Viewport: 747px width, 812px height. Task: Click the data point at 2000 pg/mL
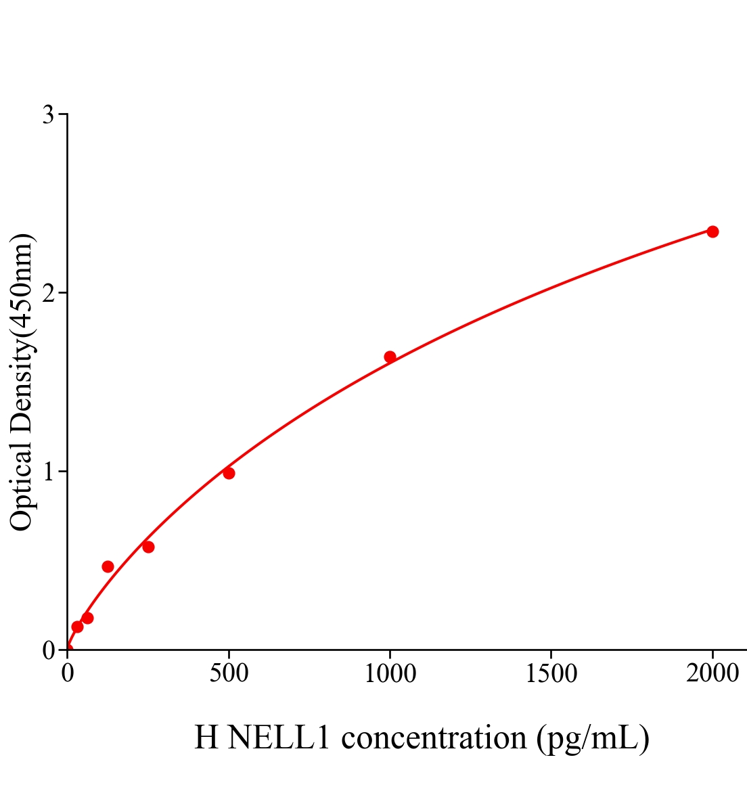712,231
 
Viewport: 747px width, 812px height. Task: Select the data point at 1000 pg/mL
390,357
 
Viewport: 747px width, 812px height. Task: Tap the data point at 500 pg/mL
229,473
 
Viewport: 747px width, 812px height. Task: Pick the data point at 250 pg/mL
148,547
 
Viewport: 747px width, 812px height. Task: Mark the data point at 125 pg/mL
108,566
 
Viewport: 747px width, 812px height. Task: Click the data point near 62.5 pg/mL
87,618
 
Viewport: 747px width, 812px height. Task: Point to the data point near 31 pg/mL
77,627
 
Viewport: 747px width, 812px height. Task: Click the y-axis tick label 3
48,115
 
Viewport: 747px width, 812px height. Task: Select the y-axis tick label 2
48,293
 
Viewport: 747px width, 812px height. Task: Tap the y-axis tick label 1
48,472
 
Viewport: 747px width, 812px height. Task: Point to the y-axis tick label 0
48,650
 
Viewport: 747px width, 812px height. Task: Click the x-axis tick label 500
229,674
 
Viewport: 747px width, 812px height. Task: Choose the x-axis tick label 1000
390,674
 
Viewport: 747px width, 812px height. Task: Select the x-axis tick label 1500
551,674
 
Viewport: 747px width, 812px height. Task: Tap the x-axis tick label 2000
712,674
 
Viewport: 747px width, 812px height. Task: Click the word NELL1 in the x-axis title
279,738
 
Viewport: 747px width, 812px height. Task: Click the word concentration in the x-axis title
434,738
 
